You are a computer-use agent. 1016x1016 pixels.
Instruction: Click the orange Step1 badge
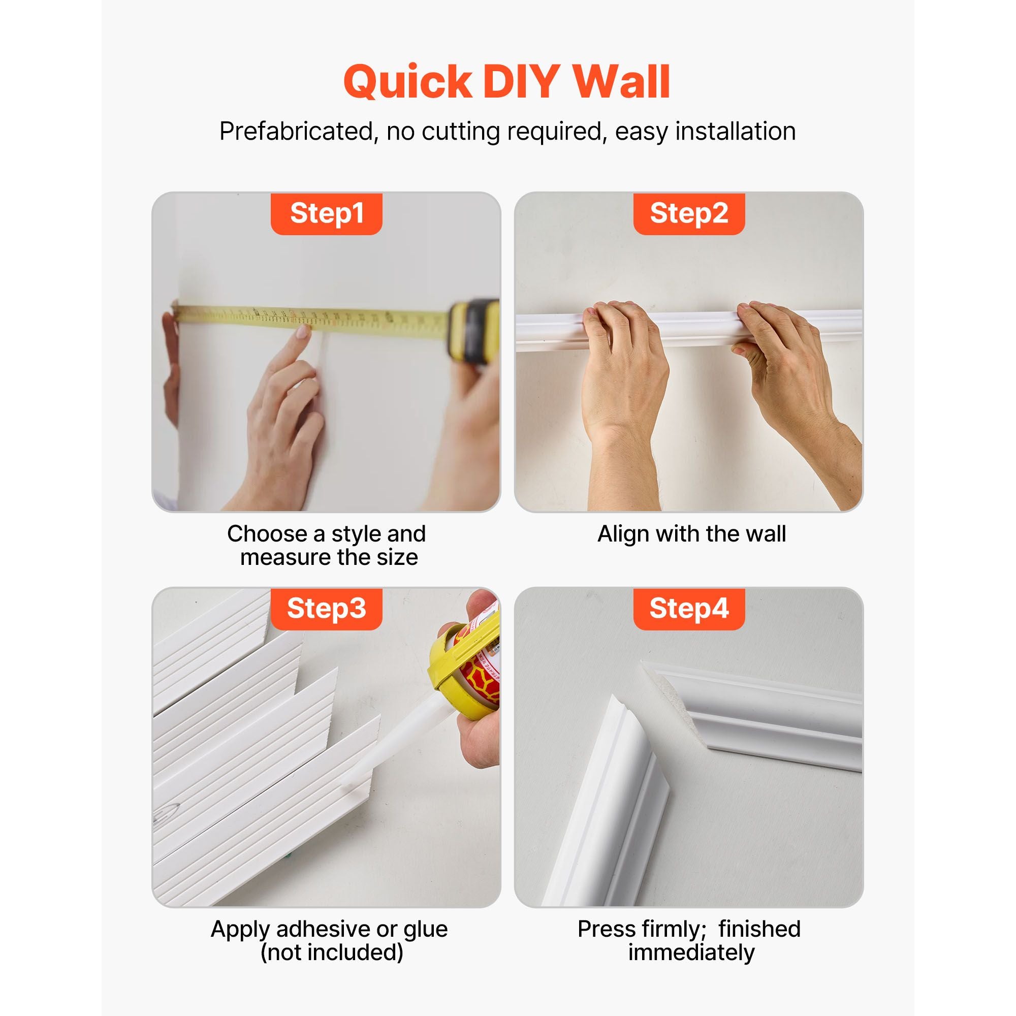point(326,213)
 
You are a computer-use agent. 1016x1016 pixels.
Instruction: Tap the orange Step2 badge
point(689,213)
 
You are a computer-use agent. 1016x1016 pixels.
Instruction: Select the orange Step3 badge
point(326,609)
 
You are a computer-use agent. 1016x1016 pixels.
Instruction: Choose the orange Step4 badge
point(689,609)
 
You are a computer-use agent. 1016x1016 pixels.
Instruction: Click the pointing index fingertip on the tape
point(303,332)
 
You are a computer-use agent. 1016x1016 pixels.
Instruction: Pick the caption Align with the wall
point(691,534)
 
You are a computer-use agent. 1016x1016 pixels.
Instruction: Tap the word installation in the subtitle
point(735,132)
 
